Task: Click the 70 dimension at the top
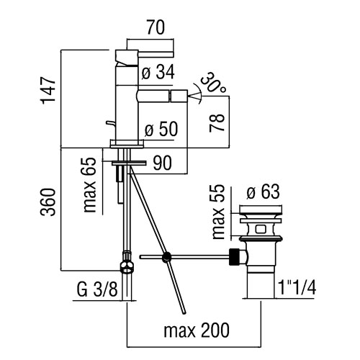click(x=156, y=27)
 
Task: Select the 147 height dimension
click(x=49, y=91)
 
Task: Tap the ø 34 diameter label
click(x=158, y=72)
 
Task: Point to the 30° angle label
click(x=213, y=82)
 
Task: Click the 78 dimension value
click(x=217, y=122)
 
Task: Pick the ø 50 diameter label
click(x=161, y=129)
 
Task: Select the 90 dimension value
click(x=163, y=163)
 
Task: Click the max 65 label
click(x=89, y=185)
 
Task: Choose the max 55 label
click(x=218, y=212)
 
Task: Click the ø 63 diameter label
click(x=263, y=192)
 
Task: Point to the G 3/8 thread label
click(x=97, y=289)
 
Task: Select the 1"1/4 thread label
click(x=297, y=287)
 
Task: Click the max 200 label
click(x=197, y=330)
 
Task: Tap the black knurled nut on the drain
click(x=235, y=257)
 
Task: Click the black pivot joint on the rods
click(x=166, y=257)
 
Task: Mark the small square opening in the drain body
click(x=261, y=229)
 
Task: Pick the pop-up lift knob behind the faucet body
click(x=110, y=123)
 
